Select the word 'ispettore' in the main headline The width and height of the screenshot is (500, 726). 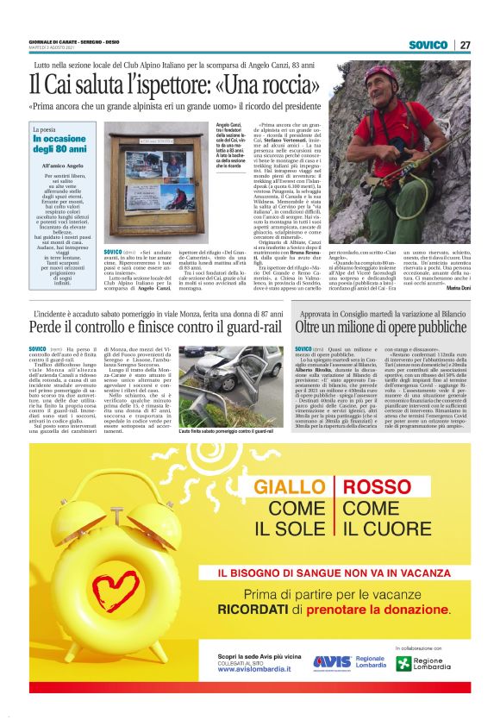(x=134, y=85)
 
